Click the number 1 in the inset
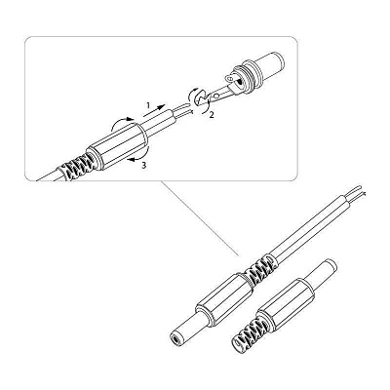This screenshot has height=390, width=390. coord(148,105)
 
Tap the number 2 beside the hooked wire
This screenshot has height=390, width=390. coord(212,115)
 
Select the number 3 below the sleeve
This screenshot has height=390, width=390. coord(144,166)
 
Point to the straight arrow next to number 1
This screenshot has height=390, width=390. coord(155,111)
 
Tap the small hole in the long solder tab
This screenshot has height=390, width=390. coord(215,96)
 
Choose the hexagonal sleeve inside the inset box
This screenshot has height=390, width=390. coord(118,145)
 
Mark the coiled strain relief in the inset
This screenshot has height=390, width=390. coord(77,166)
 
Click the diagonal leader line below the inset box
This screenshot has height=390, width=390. coord(200,217)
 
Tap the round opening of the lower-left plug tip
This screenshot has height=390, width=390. coord(175,340)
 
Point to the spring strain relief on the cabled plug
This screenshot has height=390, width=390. coord(259,268)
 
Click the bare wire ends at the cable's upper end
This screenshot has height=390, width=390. coord(359,191)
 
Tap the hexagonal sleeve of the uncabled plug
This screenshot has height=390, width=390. coord(286,303)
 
